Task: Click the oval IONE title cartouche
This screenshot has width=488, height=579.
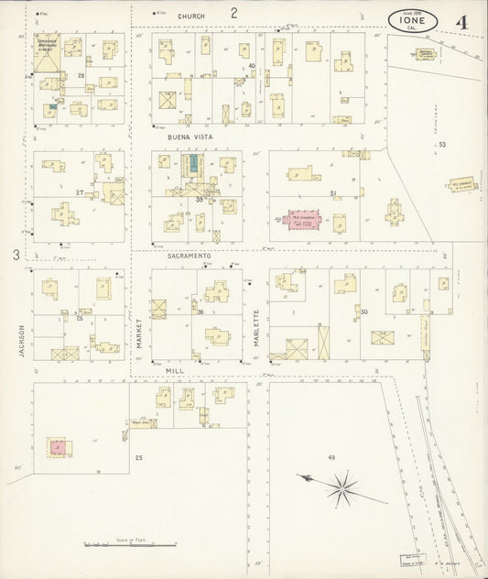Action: [418, 18]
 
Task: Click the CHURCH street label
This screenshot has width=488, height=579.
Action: [191, 16]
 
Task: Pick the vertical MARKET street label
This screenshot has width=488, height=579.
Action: [140, 330]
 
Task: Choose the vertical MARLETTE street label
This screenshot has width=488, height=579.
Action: [256, 326]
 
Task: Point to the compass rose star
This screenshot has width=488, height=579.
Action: [344, 487]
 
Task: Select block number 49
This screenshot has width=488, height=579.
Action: [331, 456]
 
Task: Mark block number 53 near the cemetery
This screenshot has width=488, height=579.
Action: [442, 145]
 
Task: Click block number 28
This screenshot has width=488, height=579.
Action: [81, 74]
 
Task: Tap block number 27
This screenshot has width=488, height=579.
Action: [81, 191]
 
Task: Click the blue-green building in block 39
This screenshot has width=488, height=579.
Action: [193, 165]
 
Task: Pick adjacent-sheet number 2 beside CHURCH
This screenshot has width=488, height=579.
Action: [233, 13]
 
